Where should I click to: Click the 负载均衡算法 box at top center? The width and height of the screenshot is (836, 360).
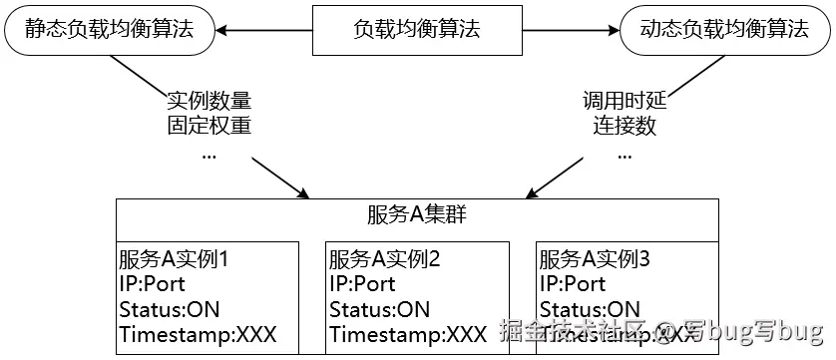[x=417, y=30]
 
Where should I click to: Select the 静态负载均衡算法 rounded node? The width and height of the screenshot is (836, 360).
[x=111, y=30]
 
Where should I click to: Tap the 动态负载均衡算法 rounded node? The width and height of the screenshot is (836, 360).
[x=723, y=30]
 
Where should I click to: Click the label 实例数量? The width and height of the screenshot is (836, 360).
[x=209, y=101]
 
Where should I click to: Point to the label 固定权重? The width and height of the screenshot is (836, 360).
[x=209, y=126]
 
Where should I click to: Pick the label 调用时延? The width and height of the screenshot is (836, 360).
[x=625, y=101]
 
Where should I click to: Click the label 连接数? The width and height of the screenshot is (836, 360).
[x=625, y=126]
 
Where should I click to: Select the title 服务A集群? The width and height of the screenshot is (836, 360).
[x=417, y=216]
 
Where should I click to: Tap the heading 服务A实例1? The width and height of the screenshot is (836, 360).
[x=175, y=260]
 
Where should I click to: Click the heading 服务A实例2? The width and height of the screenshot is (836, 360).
[x=385, y=260]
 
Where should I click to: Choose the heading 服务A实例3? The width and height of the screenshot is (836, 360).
[x=596, y=260]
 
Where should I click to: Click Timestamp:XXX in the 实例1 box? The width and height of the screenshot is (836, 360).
[x=197, y=335]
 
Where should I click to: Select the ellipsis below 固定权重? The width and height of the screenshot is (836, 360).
[x=209, y=155]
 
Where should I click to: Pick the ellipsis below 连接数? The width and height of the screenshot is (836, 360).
[x=625, y=155]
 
